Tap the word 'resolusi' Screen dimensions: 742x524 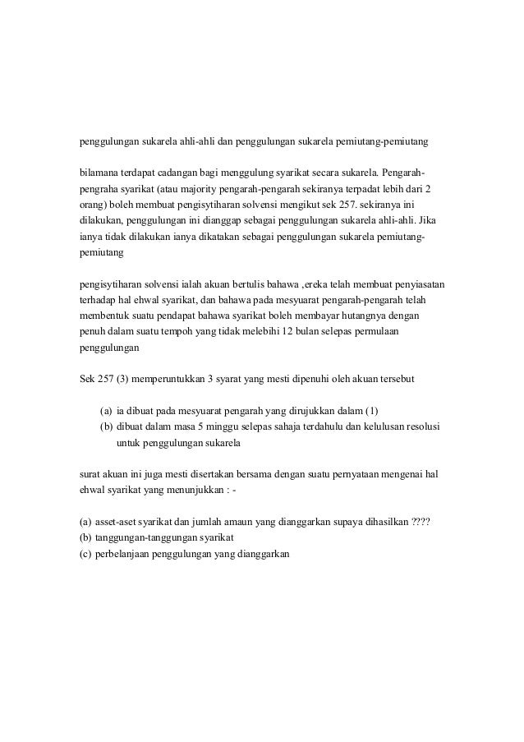[423, 426]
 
